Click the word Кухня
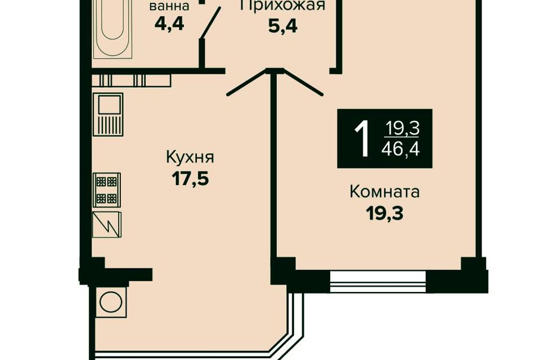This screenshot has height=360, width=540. [190, 157]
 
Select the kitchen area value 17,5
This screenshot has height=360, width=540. [191, 178]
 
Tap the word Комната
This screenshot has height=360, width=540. [385, 192]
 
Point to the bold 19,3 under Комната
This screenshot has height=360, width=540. [385, 214]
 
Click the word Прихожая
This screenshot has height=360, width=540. [282, 5]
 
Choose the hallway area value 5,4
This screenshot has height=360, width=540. [283, 26]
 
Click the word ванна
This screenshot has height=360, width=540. [169, 6]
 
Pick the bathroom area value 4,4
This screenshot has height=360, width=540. [169, 24]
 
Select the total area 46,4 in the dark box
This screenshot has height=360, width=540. [401, 150]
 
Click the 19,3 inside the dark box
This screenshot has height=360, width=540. [402, 128]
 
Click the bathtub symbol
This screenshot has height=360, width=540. [113, 28]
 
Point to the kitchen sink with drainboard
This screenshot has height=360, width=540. [108, 114]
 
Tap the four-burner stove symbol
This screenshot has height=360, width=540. [107, 190]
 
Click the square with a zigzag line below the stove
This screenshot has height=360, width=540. [107, 224]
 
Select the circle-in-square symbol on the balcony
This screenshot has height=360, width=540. [111, 302]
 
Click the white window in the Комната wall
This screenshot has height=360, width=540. [378, 282]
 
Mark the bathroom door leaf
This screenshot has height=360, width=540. [211, 22]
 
